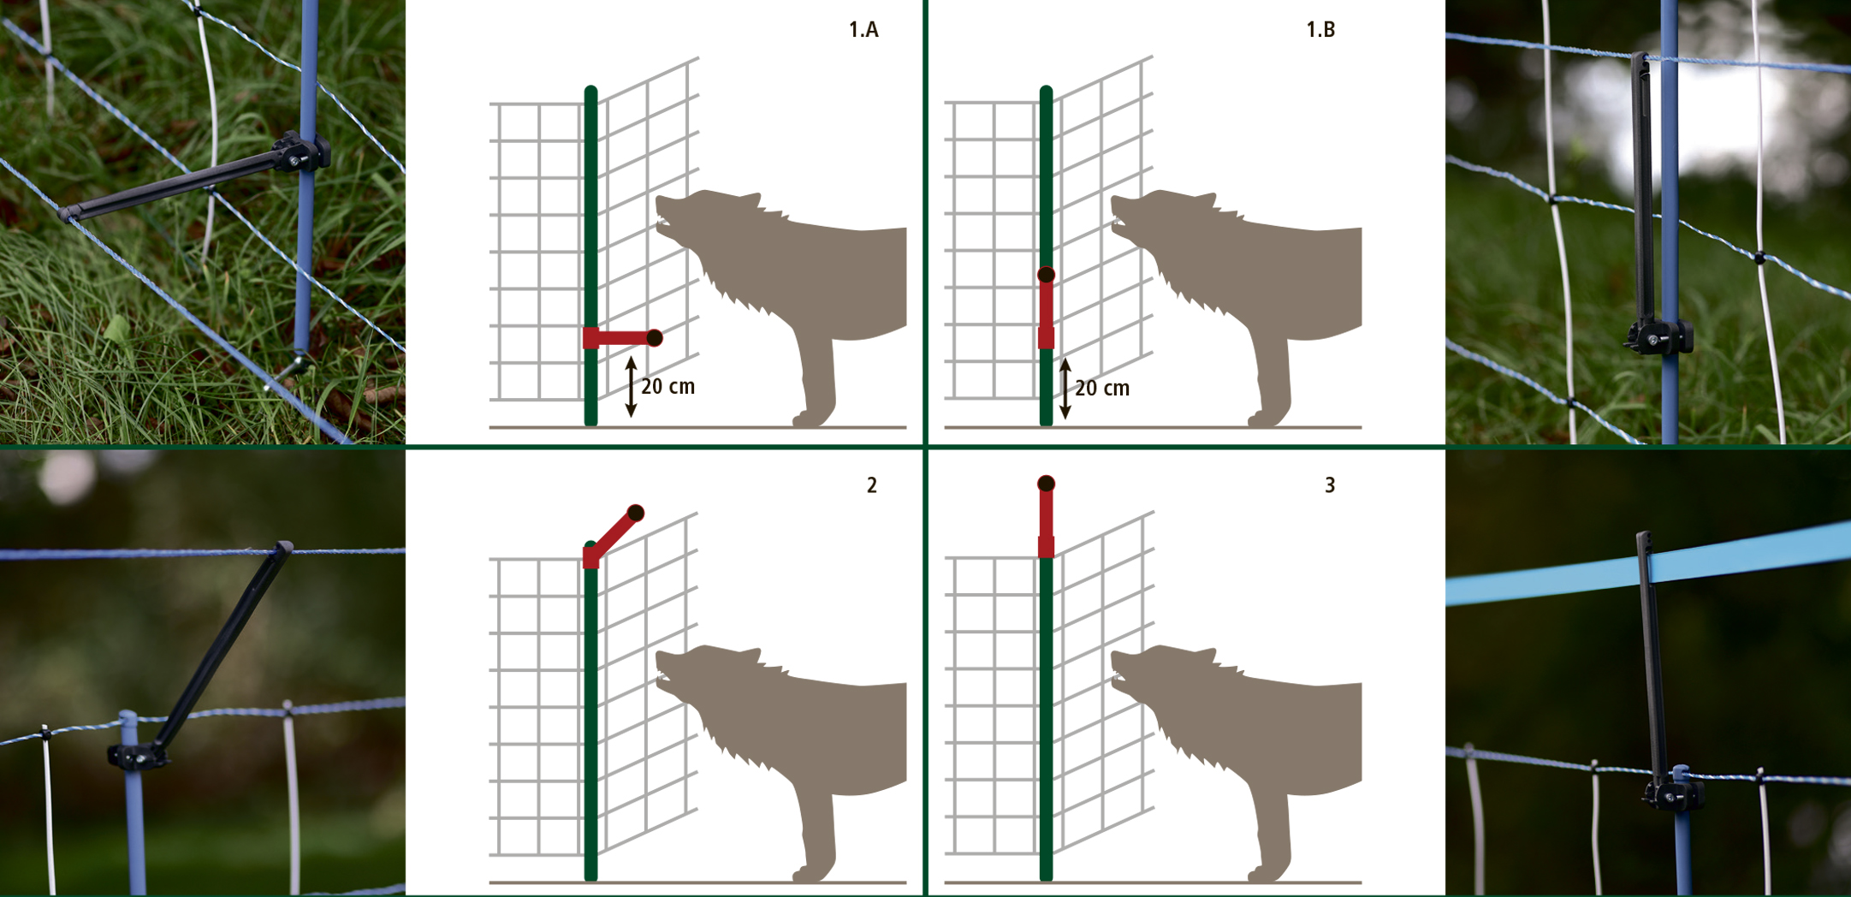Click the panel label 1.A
coord(863,30)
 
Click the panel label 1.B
coord(1320,30)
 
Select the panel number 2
coord(872,485)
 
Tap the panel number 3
coord(1330,485)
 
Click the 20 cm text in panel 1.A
coord(668,387)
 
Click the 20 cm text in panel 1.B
coord(1102,389)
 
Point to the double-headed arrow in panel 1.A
coord(631,387)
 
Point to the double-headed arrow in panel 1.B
coord(1065,389)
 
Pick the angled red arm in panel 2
coord(613,537)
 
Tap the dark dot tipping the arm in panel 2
coord(635,514)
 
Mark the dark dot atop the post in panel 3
coord(1046,484)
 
